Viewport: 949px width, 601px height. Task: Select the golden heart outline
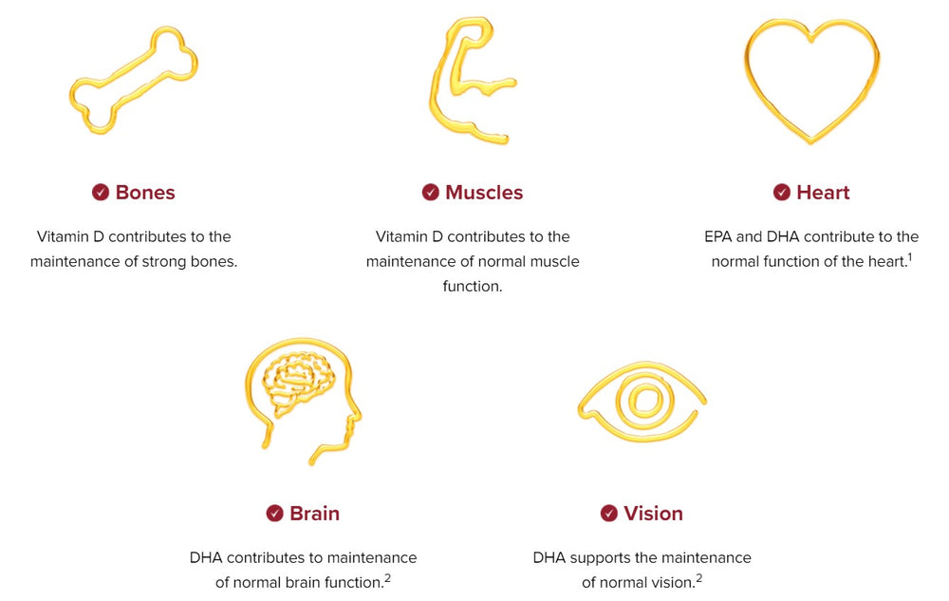tap(811, 81)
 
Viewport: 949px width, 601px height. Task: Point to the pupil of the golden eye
tap(642, 400)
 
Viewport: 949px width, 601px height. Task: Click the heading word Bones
tap(145, 193)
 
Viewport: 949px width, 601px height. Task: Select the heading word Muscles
tap(484, 193)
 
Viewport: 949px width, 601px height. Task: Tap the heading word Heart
tap(823, 193)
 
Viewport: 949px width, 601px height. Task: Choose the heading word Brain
tap(314, 514)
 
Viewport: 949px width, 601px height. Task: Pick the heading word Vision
tap(653, 514)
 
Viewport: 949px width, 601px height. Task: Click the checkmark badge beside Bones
tap(101, 193)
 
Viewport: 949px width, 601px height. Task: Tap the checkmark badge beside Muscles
tap(431, 193)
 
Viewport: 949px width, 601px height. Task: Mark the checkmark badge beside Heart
tap(782, 193)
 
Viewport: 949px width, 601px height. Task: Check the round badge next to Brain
tap(275, 514)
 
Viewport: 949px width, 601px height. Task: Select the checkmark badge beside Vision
tap(609, 514)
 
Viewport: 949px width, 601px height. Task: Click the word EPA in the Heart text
tap(717, 236)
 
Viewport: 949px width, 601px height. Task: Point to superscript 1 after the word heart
tap(909, 256)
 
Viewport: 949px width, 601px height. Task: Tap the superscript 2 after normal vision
tap(698, 577)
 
